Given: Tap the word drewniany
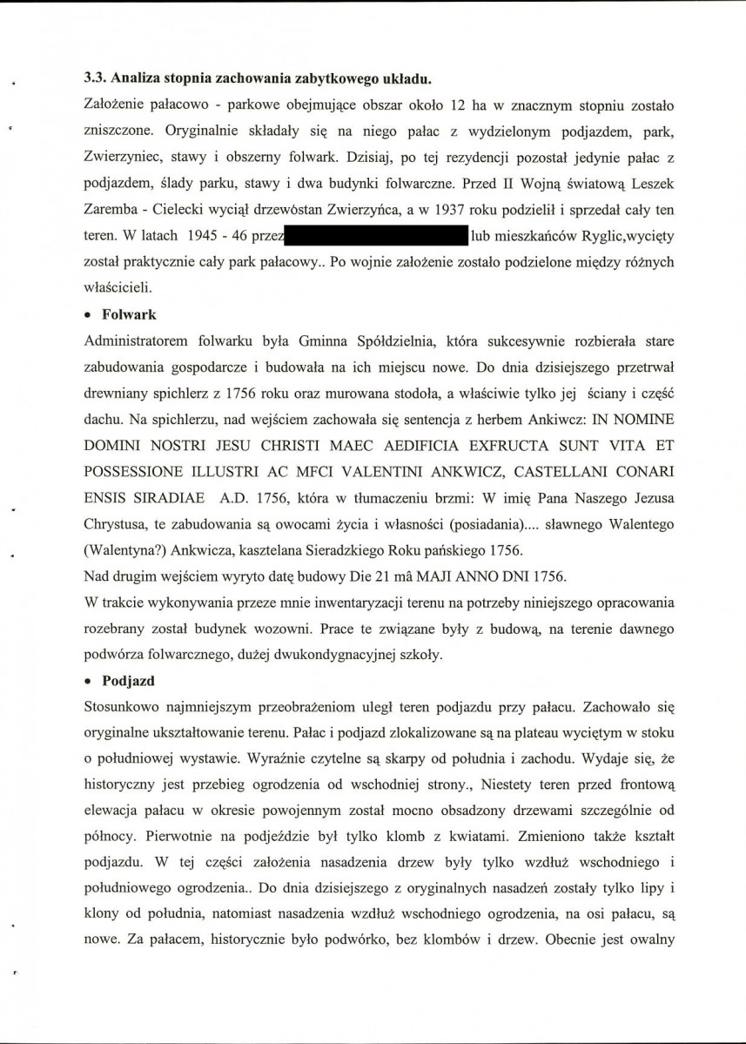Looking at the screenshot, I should [x=116, y=391].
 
